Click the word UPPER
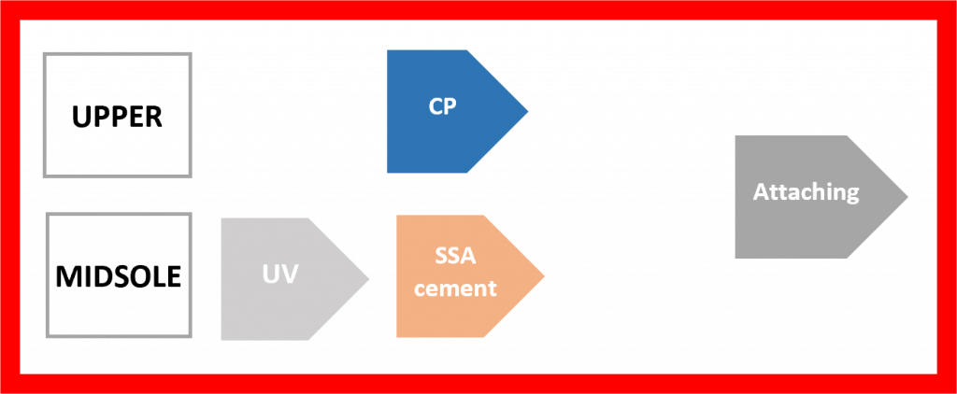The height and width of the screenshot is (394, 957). click(x=118, y=117)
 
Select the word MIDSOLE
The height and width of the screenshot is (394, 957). click(x=118, y=277)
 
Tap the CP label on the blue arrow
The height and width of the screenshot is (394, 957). click(x=442, y=106)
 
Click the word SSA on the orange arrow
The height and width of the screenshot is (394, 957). click(x=455, y=256)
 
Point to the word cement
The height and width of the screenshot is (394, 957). click(x=455, y=288)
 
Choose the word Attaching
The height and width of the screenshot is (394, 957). click(x=806, y=193)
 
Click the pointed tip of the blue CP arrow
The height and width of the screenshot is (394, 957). click(x=528, y=111)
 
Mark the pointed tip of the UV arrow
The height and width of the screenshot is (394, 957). click(x=370, y=278)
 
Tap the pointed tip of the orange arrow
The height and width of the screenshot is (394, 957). click(x=545, y=276)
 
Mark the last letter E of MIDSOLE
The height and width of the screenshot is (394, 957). click(x=173, y=277)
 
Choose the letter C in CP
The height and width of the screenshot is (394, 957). click(x=436, y=106)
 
